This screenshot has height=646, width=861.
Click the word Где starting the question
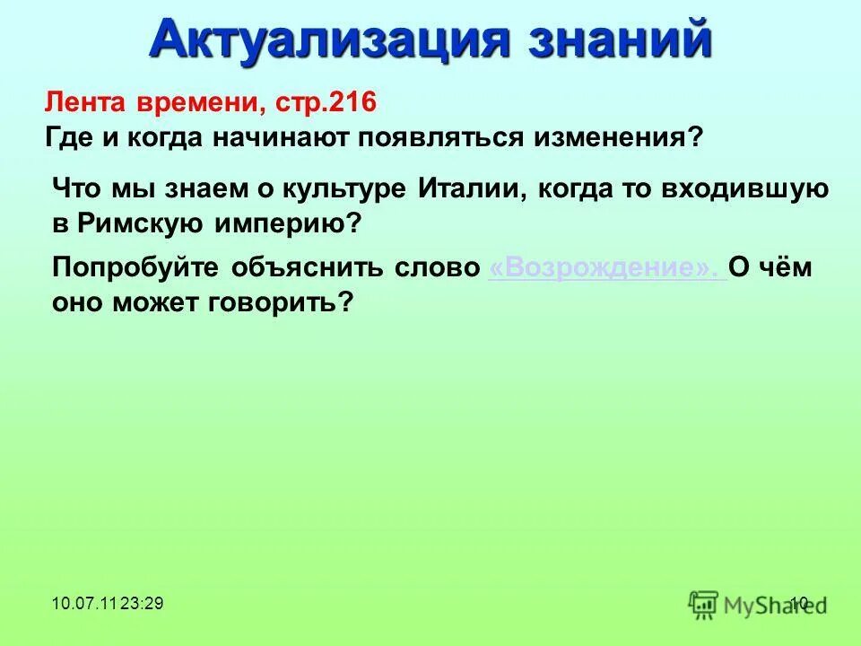pos(69,138)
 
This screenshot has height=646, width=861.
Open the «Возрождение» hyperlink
pos(605,268)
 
